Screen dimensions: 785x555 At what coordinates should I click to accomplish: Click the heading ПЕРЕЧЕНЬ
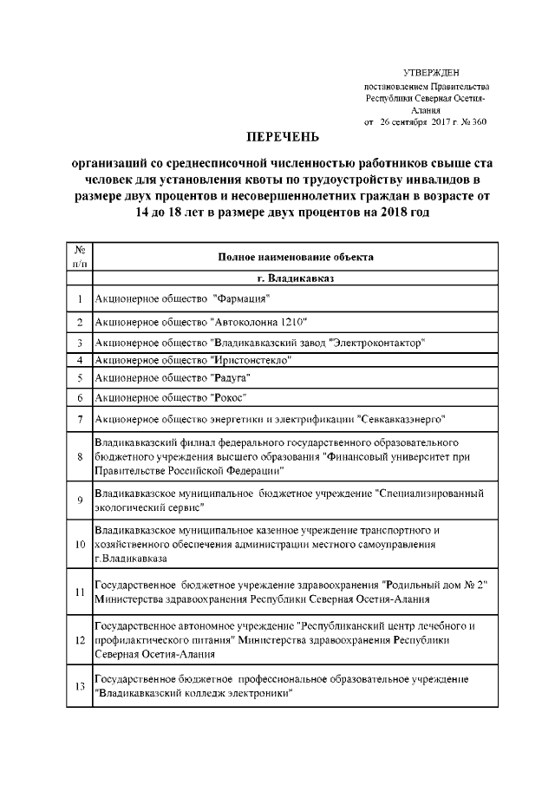283,137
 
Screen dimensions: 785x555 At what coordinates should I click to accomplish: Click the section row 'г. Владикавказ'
296,279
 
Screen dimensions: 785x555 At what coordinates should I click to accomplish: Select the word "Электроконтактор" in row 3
379,343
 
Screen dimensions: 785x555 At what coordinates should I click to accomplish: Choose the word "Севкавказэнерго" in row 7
401,421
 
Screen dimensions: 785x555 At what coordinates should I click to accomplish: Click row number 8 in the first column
79,456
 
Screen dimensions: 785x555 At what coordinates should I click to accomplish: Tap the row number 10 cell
79,544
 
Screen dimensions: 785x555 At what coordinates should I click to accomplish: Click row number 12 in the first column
79,640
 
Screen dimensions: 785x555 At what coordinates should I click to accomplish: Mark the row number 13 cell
79,686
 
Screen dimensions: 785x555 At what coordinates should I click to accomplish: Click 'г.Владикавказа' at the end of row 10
130,558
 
